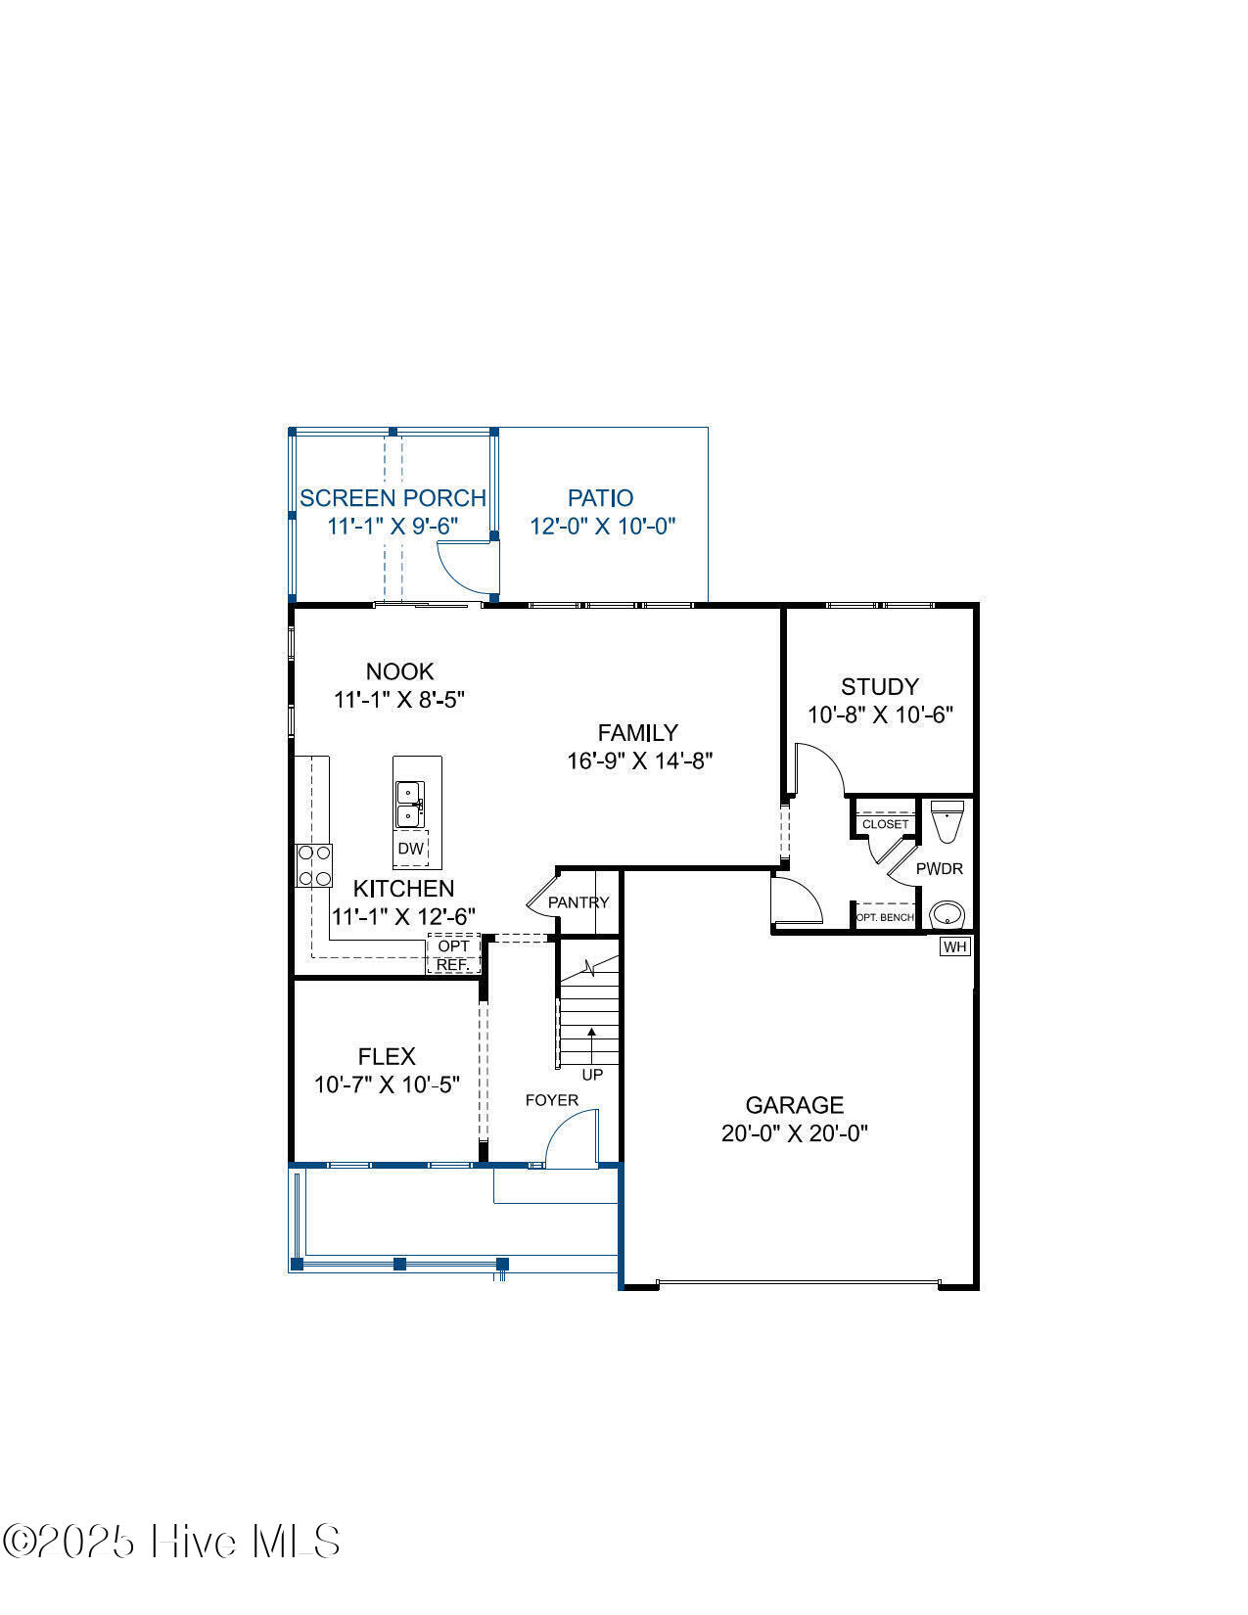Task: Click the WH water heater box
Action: [955, 946]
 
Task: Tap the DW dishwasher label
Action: [410, 849]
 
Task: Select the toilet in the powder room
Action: [947, 821]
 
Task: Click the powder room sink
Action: [947, 915]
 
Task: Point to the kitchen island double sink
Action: [410, 805]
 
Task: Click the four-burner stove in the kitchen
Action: [313, 866]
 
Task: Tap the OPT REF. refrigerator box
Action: [453, 954]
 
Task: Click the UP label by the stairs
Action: [592, 1075]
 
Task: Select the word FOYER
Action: [551, 1100]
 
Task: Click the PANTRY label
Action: [578, 902]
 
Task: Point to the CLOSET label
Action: [885, 824]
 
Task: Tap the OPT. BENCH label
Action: [885, 917]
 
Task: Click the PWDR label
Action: [940, 869]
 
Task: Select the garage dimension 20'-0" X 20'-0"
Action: [795, 1132]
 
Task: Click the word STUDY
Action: [880, 686]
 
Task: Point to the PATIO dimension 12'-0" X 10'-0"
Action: [602, 527]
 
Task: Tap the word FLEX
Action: [387, 1056]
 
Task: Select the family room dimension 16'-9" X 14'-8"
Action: [640, 761]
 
